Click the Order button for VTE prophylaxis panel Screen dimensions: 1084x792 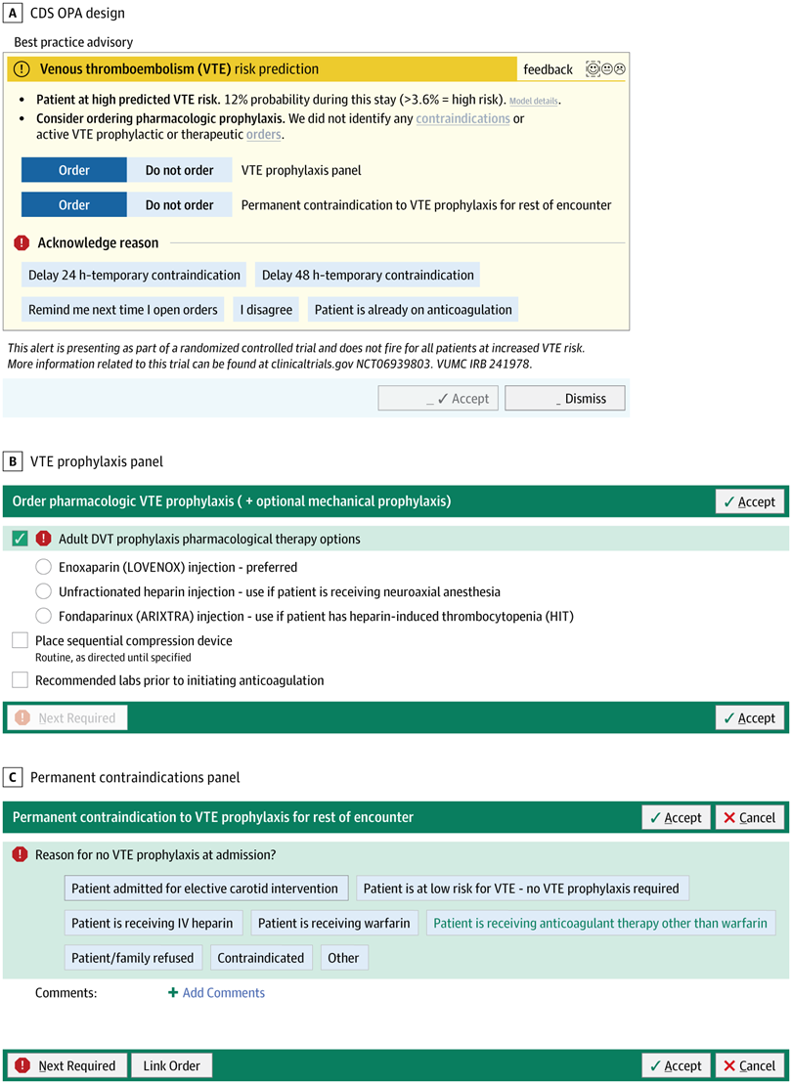(74, 170)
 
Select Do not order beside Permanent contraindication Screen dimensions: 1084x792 (179, 205)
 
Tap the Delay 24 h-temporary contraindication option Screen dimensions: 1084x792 (134, 275)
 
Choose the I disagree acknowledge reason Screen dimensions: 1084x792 (266, 310)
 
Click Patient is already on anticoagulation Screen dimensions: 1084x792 (413, 310)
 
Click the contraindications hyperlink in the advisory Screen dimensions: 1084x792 (462, 118)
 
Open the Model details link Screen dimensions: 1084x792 (535, 101)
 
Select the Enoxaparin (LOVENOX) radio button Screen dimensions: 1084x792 (43, 567)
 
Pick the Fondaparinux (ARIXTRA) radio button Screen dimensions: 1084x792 (43, 616)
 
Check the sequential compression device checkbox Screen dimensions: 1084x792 (20, 640)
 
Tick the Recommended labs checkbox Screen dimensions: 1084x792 (20, 679)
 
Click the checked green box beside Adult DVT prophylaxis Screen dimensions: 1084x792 (20, 539)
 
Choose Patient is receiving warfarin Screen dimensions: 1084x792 (334, 923)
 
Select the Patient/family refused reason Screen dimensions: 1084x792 (133, 958)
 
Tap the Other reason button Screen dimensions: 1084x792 (343, 958)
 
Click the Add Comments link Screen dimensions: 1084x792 (216, 992)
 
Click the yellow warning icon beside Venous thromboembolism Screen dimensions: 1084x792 (22, 69)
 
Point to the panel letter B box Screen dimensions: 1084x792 (13, 460)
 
